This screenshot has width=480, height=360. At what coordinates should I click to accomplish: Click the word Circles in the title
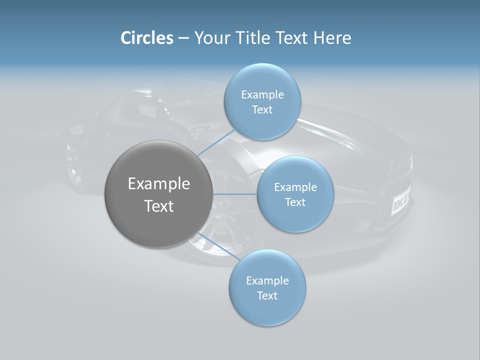(146, 38)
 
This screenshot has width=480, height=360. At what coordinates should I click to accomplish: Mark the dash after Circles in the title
(183, 39)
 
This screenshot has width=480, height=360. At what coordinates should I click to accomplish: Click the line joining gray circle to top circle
(216, 143)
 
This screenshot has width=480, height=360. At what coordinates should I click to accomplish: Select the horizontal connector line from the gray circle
(235, 194)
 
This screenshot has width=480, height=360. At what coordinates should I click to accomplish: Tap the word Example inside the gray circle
(159, 184)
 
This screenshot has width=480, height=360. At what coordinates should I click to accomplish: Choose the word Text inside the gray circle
(159, 206)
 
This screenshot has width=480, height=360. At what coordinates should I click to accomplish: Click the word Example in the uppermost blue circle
(262, 95)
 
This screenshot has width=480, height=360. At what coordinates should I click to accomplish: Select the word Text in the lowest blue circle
(267, 295)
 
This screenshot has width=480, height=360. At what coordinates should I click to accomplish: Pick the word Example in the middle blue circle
(295, 187)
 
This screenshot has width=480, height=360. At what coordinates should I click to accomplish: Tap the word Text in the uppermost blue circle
(262, 110)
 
